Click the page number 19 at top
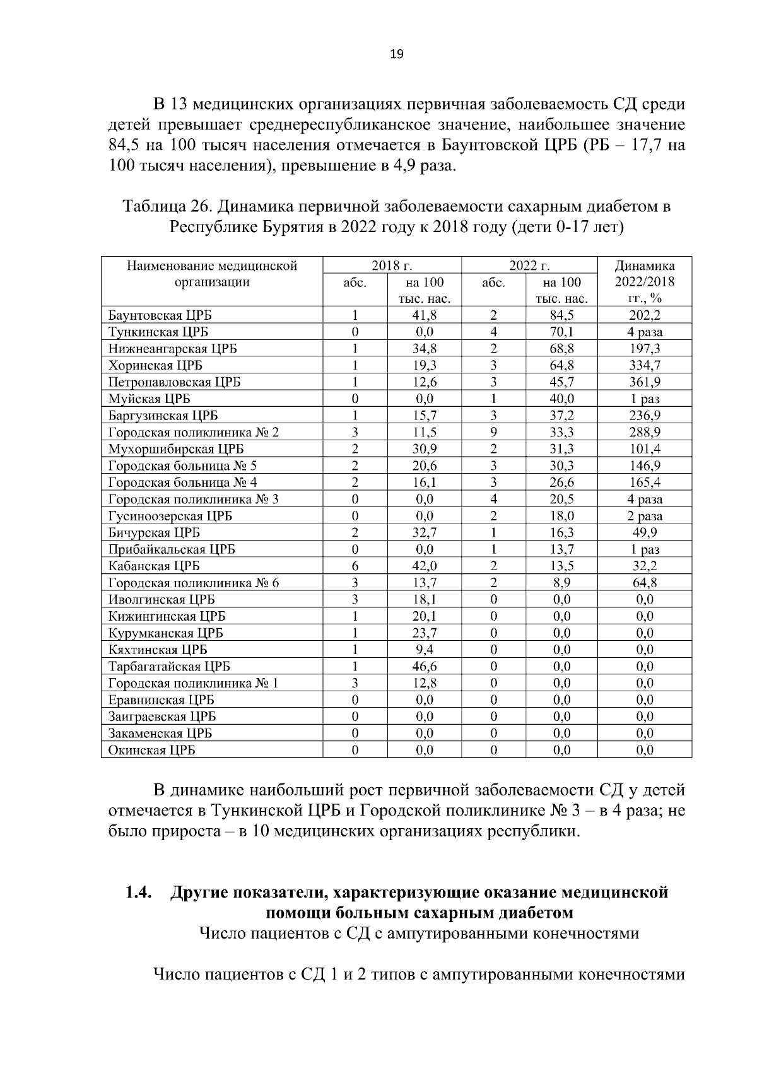click(397, 54)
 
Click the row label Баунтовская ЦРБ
click(160, 315)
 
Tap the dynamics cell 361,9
click(645, 382)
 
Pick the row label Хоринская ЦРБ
click(155, 365)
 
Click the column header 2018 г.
click(392, 266)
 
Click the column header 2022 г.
click(529, 266)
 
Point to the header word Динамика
click(645, 266)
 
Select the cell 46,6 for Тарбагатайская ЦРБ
click(425, 667)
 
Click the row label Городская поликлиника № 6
click(194, 583)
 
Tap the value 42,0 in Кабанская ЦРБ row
click(425, 566)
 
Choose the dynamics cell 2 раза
click(645, 516)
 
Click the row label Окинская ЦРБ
click(151, 750)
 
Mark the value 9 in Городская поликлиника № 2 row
click(493, 432)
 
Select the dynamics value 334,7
click(645, 365)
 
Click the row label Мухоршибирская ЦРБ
click(176, 449)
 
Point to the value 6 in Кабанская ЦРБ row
click(355, 566)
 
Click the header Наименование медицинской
click(211, 266)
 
